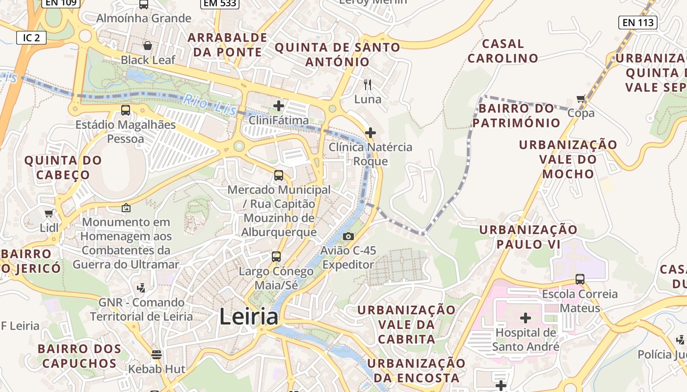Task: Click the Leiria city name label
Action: point(249,317)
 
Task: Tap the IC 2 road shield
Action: point(31,38)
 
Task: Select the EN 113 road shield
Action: point(638,22)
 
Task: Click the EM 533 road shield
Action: point(219,3)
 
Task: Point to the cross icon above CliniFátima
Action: point(279,105)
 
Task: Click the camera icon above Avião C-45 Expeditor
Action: point(348,237)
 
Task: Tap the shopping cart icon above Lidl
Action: point(49,214)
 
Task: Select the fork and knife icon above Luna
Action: point(368,85)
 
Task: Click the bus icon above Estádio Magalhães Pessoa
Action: point(126,110)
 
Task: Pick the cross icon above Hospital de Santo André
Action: point(525,318)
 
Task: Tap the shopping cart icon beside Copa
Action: point(581,99)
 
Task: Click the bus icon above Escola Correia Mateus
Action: point(580,279)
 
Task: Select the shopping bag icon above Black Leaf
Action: point(147,46)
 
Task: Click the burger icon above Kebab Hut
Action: point(157,354)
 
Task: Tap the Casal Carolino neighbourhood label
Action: point(502,51)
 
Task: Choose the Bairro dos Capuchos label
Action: point(79,356)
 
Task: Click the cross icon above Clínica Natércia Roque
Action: point(370,132)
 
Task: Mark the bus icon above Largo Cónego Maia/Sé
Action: point(276,256)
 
